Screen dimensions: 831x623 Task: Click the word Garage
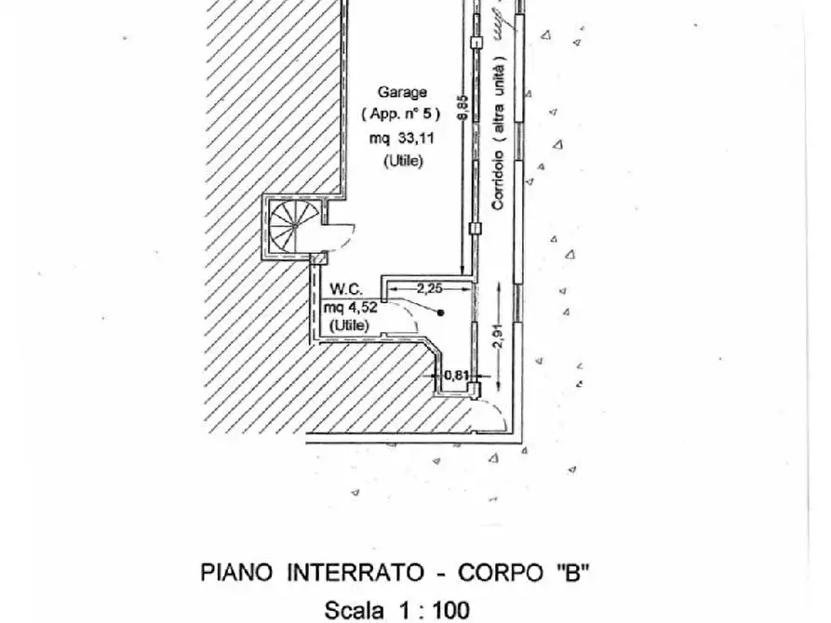point(402,92)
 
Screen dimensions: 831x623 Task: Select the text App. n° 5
point(401,113)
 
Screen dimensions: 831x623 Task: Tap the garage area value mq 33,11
point(401,139)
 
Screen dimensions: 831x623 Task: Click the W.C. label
point(346,289)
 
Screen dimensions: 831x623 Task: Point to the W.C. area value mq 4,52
point(350,307)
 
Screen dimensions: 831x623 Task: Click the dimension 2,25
point(429,289)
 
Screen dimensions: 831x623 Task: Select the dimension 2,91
point(499,336)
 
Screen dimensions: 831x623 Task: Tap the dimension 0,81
point(456,375)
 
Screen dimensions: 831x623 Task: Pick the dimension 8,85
point(462,107)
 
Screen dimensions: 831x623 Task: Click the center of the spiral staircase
point(294,226)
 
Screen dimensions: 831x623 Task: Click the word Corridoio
point(498,180)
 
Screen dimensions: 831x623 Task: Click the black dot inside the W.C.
point(440,312)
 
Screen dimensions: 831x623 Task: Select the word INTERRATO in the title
point(356,573)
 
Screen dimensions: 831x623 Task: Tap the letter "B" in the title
point(572,573)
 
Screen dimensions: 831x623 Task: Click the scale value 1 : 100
point(434,610)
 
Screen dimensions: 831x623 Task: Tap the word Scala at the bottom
point(354,610)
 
